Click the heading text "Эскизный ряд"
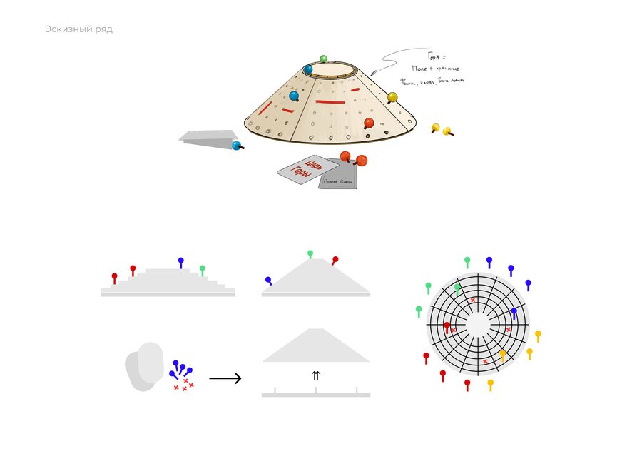tap(78, 29)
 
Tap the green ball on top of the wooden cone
tap(323, 59)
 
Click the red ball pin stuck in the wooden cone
tap(369, 123)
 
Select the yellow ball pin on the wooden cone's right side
tap(392, 97)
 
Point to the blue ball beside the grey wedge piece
tap(236, 146)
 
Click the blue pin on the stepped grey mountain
tap(180, 261)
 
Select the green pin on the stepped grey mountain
tap(203, 269)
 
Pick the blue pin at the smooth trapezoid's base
tap(268, 281)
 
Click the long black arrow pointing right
tap(225, 378)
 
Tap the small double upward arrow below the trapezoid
tap(316, 375)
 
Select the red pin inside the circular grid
tap(447, 327)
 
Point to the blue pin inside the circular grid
tap(514, 312)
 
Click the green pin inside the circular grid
tap(457, 288)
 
